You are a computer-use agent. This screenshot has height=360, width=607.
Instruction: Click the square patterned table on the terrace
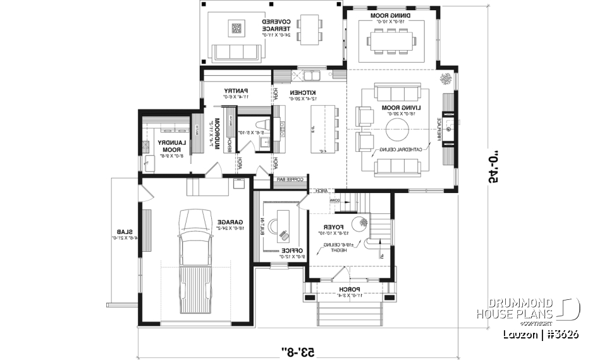[236, 28]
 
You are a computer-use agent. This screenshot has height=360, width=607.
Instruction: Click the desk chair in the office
[284, 235]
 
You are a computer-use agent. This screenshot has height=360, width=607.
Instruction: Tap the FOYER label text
[332, 226]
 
